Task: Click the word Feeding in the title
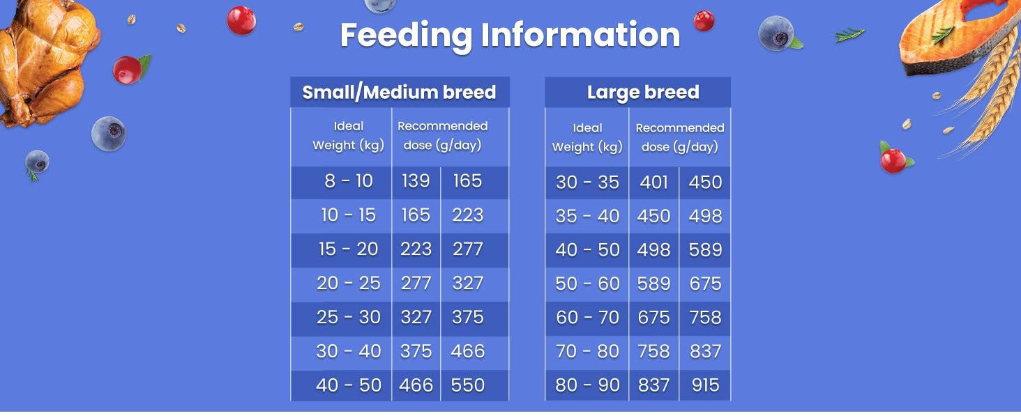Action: pos(406,36)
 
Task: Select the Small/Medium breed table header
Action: pos(400,93)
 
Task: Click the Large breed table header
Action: pos(643,93)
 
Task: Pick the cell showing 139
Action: pos(416,181)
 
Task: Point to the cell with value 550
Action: pos(468,385)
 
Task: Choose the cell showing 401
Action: pos(653,183)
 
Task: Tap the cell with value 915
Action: pos(705,385)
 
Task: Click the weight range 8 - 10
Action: pos(349,181)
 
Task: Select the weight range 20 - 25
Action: pos(348,284)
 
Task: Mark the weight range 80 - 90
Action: pos(587,385)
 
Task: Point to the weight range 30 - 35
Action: pos(587,183)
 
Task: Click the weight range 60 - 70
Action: pos(587,318)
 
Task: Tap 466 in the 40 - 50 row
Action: pos(416,385)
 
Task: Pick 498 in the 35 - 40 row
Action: pos(705,216)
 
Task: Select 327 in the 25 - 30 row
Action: pos(416,318)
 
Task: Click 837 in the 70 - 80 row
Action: pos(705,352)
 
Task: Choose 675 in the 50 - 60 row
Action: pos(705,284)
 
